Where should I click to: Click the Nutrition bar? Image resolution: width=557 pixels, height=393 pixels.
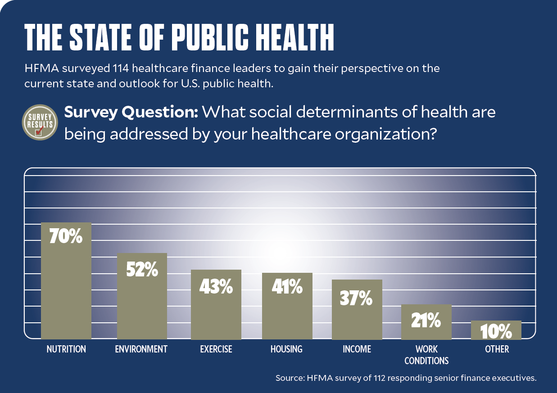click(66, 288)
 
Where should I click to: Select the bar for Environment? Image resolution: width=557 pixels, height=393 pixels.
click(142, 302)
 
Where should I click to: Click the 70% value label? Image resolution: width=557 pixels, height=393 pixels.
click(66, 237)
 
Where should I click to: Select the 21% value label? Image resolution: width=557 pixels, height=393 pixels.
click(426, 321)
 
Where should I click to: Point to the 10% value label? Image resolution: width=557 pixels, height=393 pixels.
click(496, 332)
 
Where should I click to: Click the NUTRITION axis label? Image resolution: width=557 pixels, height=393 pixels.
click(66, 349)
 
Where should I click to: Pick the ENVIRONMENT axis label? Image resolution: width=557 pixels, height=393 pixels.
click(141, 349)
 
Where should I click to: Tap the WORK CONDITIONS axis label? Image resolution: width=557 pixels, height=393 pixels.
click(426, 355)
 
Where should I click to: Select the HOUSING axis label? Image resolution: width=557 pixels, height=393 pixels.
click(286, 349)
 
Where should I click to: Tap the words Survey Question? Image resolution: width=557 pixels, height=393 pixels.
click(131, 112)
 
